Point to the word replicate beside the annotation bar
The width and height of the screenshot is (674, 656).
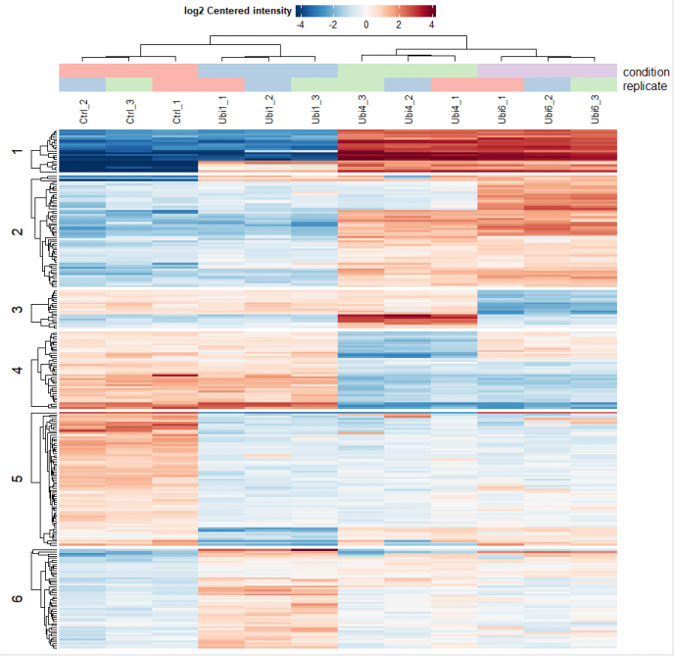(x=645, y=86)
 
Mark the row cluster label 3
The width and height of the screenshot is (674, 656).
(x=15, y=310)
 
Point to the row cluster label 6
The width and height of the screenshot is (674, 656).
(x=15, y=598)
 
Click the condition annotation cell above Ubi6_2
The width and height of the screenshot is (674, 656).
(x=548, y=72)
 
